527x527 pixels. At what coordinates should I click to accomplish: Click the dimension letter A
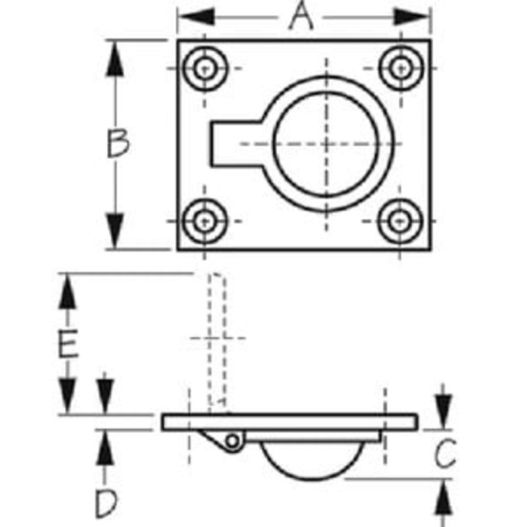coord(301,16)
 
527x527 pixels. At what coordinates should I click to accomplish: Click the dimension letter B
coord(118,143)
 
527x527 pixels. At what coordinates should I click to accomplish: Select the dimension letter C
coord(445,453)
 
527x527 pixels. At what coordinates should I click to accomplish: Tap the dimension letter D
coord(106,504)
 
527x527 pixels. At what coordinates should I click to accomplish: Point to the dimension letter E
coord(69,343)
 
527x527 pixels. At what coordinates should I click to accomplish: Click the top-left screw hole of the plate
coord(205,69)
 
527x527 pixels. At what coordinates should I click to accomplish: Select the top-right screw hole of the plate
coord(401,69)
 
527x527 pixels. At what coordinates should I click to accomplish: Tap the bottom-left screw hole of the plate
coord(205,221)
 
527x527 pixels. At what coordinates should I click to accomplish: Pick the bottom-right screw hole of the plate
coord(400,221)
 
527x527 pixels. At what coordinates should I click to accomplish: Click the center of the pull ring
coord(326,144)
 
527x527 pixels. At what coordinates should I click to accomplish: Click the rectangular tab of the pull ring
coord(236,144)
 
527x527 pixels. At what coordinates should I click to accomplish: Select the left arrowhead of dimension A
coord(196,17)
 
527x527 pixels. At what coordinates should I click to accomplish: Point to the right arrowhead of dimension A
coord(412,17)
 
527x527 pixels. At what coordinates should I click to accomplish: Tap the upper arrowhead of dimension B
coord(115,58)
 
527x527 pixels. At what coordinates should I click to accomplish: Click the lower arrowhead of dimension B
coord(115,232)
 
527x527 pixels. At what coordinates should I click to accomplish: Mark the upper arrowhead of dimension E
coord(68,291)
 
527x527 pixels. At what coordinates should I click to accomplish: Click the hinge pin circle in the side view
coord(233,441)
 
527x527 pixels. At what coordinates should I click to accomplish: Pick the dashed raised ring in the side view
coord(217,339)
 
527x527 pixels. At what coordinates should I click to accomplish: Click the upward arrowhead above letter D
coord(105,447)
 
